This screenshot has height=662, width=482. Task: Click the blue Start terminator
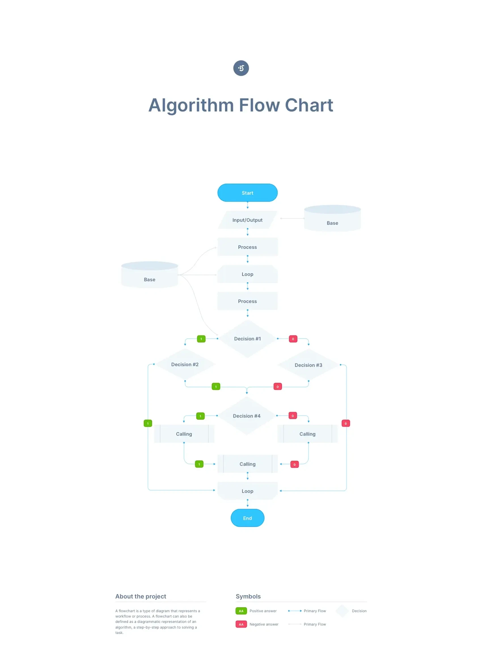(x=247, y=193)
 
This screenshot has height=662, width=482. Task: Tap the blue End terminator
(x=247, y=518)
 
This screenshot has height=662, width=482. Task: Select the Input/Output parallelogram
(x=247, y=220)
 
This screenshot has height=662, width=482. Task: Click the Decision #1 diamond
(x=247, y=339)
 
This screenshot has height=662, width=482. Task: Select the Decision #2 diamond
(x=185, y=364)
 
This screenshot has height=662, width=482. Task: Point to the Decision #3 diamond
(x=308, y=365)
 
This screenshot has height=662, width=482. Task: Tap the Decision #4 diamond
(x=246, y=416)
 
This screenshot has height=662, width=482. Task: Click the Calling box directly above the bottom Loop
(x=247, y=464)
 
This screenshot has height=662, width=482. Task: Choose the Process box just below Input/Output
(x=247, y=247)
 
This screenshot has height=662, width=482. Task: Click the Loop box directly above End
(x=247, y=491)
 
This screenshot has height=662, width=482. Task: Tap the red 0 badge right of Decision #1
(x=293, y=339)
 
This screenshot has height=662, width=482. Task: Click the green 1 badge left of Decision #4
(x=200, y=416)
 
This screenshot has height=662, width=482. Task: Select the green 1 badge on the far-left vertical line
(x=148, y=423)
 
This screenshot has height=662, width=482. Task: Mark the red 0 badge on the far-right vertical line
(x=346, y=423)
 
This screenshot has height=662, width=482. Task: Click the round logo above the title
(x=241, y=68)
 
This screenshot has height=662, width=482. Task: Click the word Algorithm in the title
(x=191, y=105)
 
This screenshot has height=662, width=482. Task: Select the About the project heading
(x=141, y=596)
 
